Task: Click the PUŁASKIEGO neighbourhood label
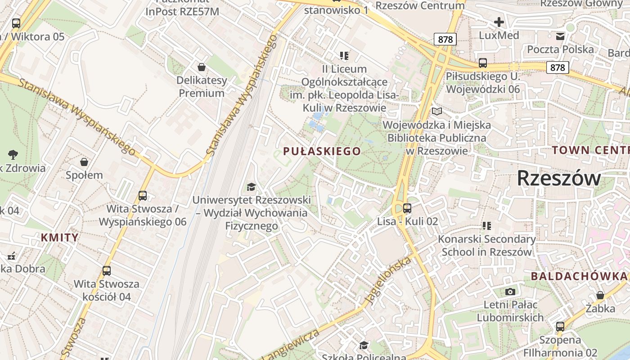click(x=322, y=151)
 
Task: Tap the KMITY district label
click(x=59, y=237)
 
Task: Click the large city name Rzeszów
click(x=558, y=178)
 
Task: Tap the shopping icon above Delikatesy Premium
click(x=202, y=67)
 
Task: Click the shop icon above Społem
click(x=84, y=162)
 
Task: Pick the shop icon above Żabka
click(x=600, y=296)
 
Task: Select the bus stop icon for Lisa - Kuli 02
click(x=407, y=208)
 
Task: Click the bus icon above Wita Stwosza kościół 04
click(x=107, y=271)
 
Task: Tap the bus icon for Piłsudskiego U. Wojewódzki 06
click(x=483, y=63)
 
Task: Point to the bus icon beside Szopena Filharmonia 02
click(x=560, y=327)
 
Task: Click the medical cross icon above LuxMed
click(x=499, y=22)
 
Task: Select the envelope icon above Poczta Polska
click(x=560, y=36)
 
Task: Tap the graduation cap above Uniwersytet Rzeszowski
click(x=251, y=187)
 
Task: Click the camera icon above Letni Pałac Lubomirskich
click(x=510, y=292)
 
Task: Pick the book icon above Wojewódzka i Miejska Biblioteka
click(x=436, y=111)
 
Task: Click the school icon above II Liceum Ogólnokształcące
click(x=344, y=56)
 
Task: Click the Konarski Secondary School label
click(x=486, y=245)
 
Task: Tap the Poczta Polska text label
click(x=560, y=49)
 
